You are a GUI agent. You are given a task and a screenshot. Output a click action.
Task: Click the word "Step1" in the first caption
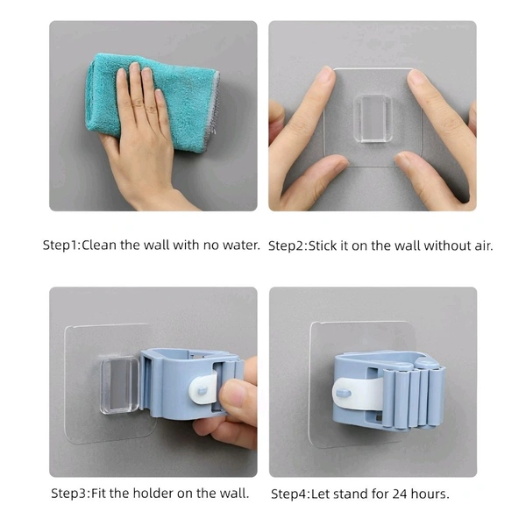(60, 245)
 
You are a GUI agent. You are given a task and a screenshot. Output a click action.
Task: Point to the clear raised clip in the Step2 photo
(373, 118)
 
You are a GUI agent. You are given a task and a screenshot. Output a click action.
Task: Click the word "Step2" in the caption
(286, 246)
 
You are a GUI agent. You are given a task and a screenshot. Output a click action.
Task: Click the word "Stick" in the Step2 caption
(323, 245)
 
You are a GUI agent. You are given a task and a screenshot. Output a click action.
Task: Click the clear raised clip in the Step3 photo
(119, 385)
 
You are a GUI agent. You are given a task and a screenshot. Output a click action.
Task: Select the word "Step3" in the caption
(68, 494)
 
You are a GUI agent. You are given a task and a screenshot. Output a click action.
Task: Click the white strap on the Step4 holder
(359, 393)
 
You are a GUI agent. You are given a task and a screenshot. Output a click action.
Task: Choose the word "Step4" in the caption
(288, 494)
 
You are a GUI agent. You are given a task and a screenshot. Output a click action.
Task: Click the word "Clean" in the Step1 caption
(99, 245)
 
